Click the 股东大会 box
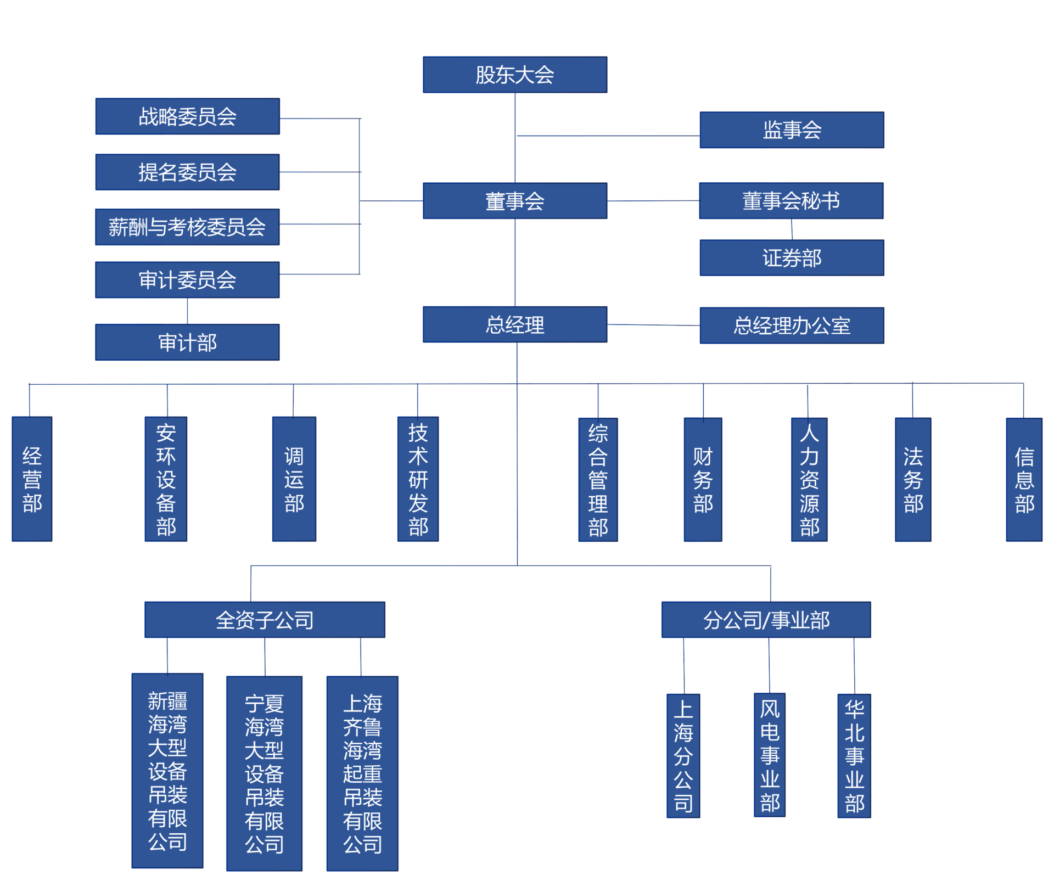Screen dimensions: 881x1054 click(514, 75)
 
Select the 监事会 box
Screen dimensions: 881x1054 click(792, 130)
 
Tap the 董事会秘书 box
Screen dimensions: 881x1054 click(791, 201)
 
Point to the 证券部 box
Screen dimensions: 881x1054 click(792, 258)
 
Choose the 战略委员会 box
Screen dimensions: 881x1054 click(187, 116)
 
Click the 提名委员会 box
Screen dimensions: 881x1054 click(187, 172)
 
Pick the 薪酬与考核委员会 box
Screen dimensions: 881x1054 click(187, 227)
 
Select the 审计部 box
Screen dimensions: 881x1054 click(187, 343)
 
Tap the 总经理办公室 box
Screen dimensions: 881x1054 click(792, 326)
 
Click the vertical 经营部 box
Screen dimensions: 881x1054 click(32, 479)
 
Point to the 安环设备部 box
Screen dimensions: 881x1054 click(166, 479)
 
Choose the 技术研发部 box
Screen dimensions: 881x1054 click(418, 479)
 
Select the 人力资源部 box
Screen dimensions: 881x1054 click(809, 480)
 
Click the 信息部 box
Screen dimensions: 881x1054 click(1024, 480)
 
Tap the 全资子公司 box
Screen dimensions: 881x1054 click(265, 620)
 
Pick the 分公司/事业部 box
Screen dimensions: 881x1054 click(766, 620)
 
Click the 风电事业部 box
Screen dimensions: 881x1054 click(769, 755)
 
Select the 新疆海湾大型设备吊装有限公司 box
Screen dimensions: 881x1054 click(167, 771)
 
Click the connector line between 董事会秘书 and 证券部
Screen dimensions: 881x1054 click(792, 229)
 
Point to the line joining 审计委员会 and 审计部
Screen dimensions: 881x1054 click(187, 311)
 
